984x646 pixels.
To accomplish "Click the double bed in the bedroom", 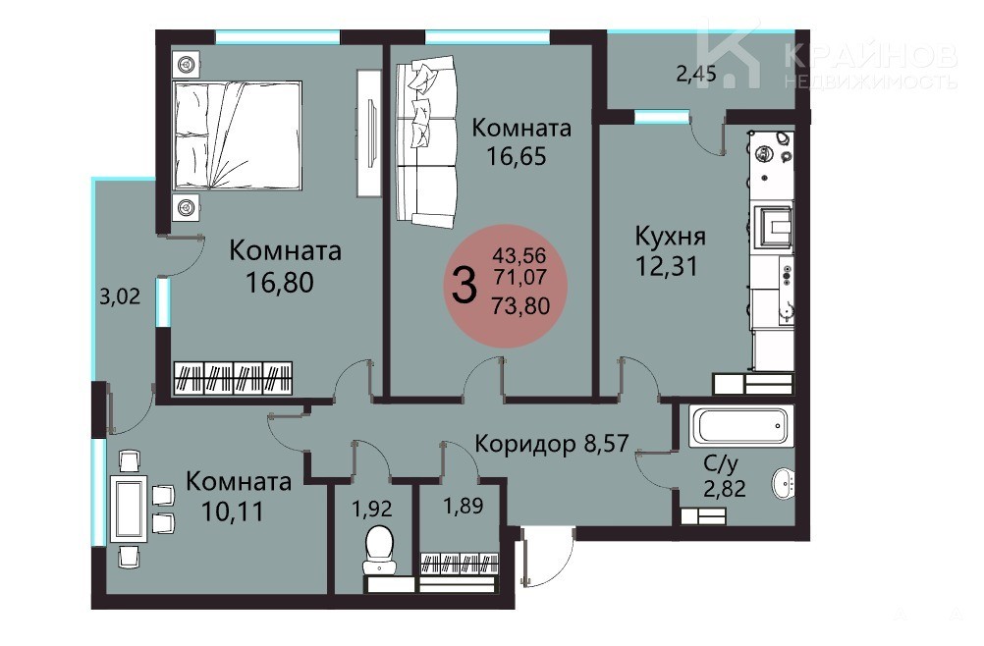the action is point(238,135).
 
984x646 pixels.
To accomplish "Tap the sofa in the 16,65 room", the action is point(426,141).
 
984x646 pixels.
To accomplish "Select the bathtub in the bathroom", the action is point(740,425).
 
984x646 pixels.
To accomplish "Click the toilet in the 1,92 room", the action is point(380,550).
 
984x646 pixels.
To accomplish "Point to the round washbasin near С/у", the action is point(784,484).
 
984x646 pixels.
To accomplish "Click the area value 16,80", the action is point(279,283).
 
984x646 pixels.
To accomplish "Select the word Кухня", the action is point(670,237).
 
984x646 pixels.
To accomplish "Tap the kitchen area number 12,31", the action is point(667,267).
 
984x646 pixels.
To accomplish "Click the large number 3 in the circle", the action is point(464,286).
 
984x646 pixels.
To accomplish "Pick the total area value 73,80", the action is point(520,305).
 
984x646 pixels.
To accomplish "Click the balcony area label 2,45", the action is point(696,74).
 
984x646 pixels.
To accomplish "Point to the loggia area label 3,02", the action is point(120,296).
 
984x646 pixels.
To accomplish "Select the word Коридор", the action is point(525,444).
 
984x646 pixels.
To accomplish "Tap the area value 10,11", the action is point(233,511).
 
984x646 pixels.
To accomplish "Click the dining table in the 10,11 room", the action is point(129,508).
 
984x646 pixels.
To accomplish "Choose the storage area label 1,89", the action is point(464,505).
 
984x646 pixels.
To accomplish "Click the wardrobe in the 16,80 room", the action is point(233,378).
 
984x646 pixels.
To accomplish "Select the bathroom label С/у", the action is point(721,463).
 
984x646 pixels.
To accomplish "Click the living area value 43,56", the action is point(519,255).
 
